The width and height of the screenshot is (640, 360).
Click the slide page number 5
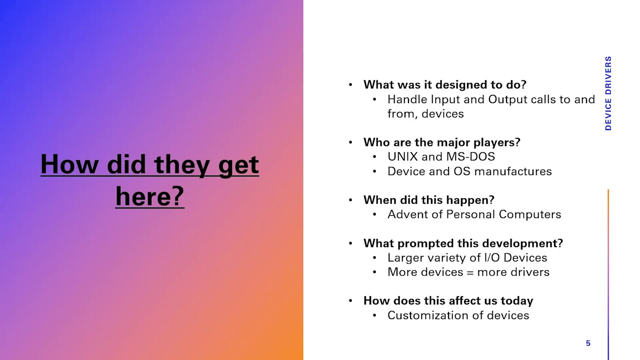point(588,343)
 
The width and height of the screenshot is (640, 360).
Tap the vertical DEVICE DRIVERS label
point(608,93)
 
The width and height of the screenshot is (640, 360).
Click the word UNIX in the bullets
point(402,156)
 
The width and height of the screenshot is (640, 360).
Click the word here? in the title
point(149,195)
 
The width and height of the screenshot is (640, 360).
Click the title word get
point(238,165)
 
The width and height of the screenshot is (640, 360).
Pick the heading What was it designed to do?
point(444,84)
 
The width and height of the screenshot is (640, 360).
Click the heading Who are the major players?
point(441,142)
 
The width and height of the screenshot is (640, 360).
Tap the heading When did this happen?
point(428,200)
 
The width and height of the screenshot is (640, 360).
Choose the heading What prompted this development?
point(463,243)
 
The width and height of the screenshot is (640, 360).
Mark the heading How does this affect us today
point(448,300)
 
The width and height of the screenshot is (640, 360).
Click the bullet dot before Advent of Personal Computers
point(375,214)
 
